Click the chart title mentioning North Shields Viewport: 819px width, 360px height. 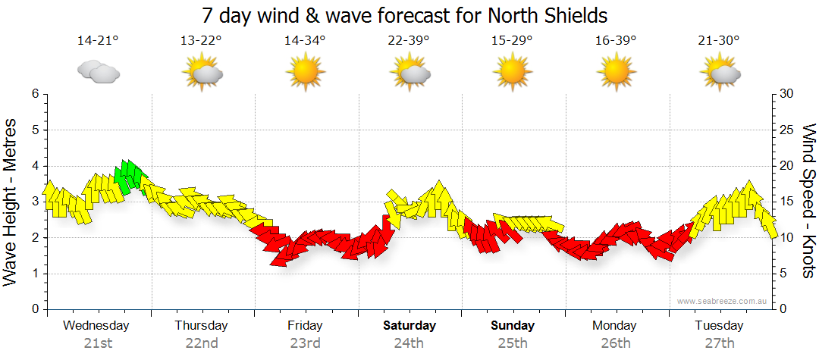pos(405,15)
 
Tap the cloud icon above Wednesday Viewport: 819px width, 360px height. pos(99,72)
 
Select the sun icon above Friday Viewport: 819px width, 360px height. pos(305,73)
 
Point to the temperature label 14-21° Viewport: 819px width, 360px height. pos(98,41)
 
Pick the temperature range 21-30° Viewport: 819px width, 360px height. pos(719,41)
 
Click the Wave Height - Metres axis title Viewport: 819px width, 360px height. pos(11,202)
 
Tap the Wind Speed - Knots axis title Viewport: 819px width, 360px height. pos(808,201)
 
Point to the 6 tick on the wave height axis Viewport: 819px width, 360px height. pos(34,94)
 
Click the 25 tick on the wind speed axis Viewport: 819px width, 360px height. pos(786,130)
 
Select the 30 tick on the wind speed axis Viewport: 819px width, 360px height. pos(786,94)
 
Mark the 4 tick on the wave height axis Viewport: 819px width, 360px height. pos(34,166)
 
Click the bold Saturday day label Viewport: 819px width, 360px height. pos(409,326)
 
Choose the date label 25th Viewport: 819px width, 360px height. pos(512,343)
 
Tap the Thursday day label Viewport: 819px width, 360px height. pos(201,326)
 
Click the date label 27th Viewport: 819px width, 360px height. pos(719,343)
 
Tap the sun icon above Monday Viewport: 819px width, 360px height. pos(615,73)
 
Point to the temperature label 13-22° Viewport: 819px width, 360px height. pos(201,41)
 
